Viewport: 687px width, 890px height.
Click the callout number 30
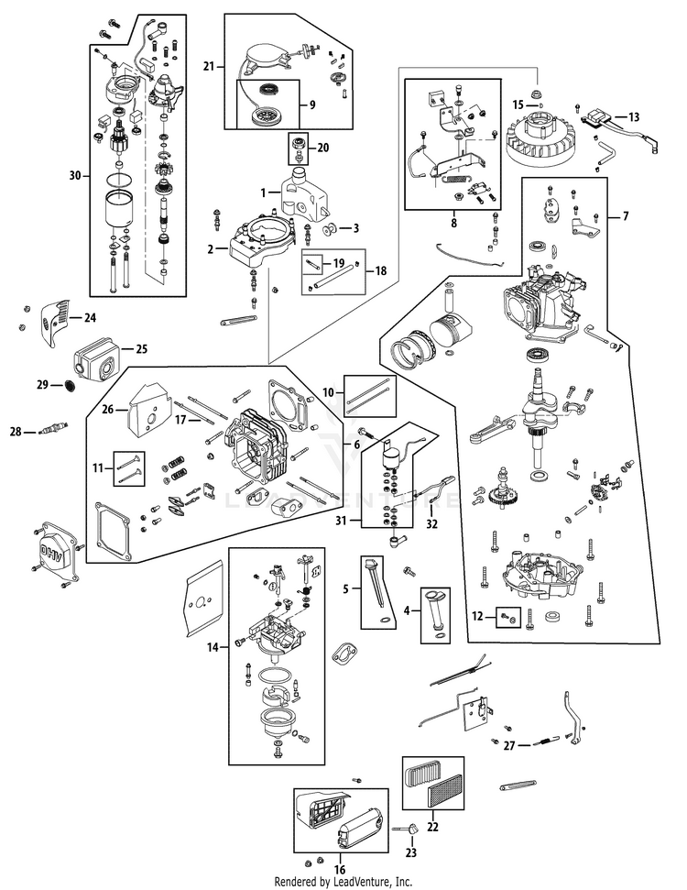pos(76,173)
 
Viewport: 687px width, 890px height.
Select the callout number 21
pos(209,65)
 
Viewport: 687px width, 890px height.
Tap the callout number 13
pos(634,117)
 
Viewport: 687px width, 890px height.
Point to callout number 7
pos(626,217)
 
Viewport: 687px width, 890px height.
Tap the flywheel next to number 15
pos(540,137)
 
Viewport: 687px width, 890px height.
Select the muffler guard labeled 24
pos(56,318)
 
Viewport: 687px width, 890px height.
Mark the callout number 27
pos(509,745)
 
